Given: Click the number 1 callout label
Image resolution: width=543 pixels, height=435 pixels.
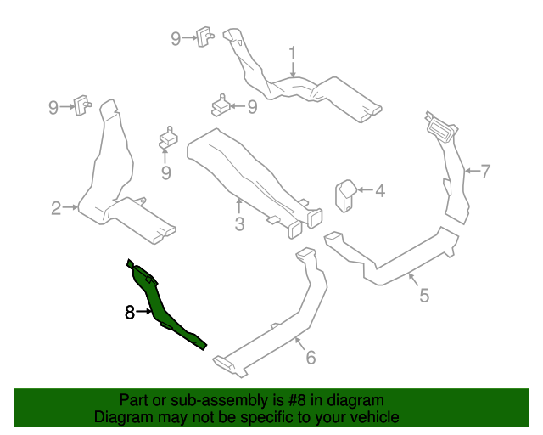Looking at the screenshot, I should [x=293, y=54].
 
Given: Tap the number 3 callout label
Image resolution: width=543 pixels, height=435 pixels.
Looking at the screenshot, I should [x=239, y=224].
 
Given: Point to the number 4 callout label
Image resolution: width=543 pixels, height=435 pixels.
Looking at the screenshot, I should [x=379, y=191].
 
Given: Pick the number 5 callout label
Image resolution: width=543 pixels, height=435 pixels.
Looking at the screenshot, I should [x=424, y=295].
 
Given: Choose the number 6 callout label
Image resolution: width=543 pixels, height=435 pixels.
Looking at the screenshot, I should [x=311, y=358].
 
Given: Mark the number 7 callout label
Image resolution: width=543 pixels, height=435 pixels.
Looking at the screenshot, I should [x=485, y=172].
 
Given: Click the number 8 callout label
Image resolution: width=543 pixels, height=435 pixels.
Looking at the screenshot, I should [x=129, y=313].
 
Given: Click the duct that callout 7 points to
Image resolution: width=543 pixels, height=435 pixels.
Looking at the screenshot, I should [x=454, y=170].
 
